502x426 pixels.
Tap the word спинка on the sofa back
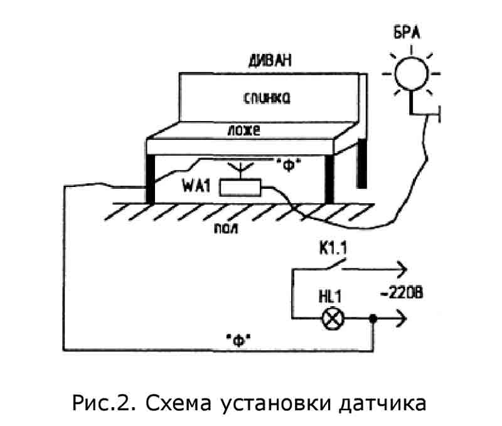(x=267, y=98)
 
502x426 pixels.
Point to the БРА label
(x=411, y=32)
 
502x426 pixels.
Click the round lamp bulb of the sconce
(x=411, y=73)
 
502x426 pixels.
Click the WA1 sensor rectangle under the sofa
(x=241, y=186)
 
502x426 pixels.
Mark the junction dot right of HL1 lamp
(x=373, y=319)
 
